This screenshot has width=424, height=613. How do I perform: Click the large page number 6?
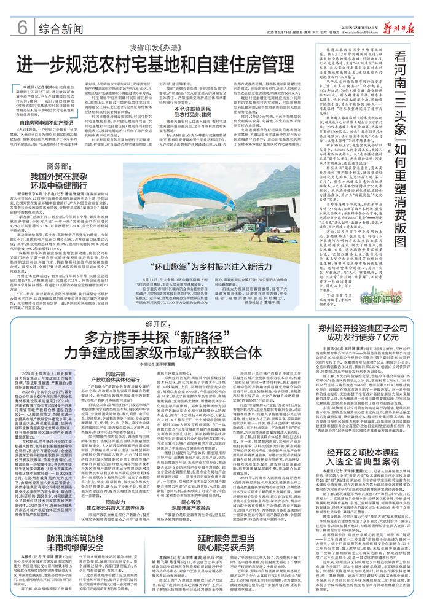coord(22,26)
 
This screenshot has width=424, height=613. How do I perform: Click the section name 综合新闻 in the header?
coord(60,28)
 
